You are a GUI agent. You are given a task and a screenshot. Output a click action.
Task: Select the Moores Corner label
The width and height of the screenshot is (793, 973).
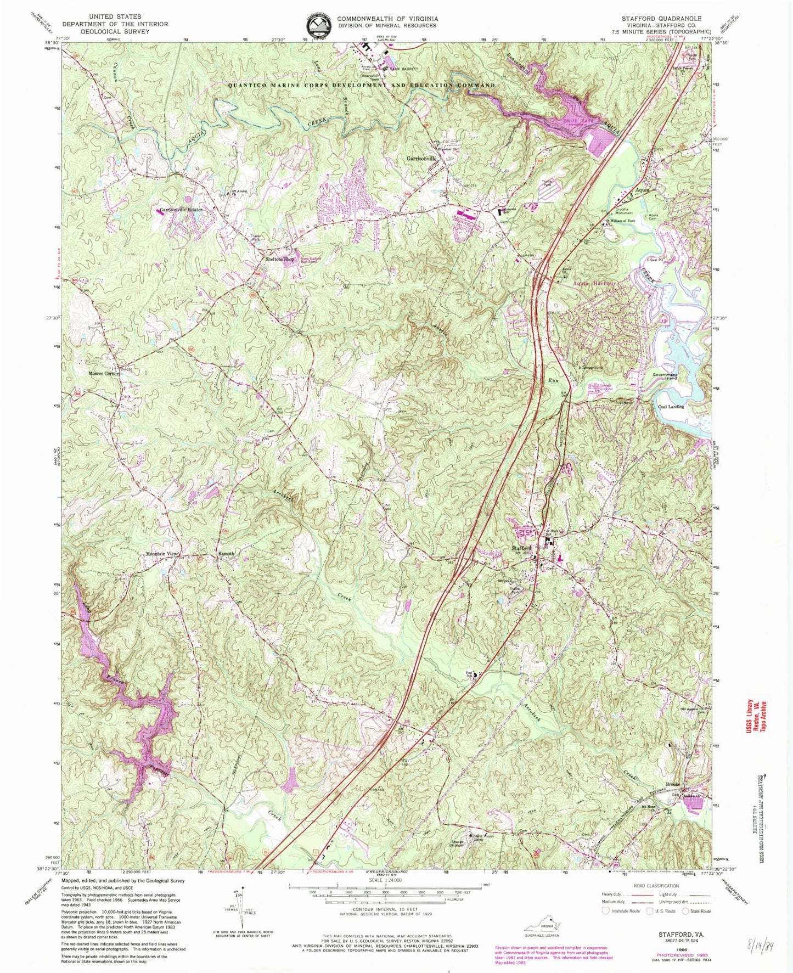[x=104, y=374]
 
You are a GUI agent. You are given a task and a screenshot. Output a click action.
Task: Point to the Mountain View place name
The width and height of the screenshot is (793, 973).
[x=162, y=554]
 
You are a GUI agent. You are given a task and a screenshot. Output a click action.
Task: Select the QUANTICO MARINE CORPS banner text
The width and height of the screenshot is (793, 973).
[x=362, y=86]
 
